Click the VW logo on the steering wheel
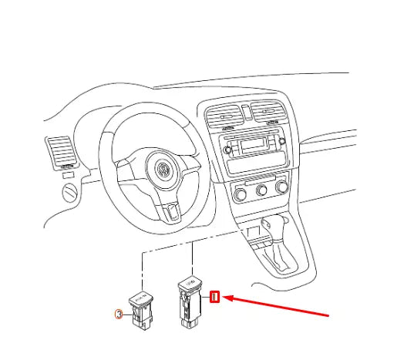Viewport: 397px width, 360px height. tap(164, 170)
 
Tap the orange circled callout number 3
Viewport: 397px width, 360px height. tap(118, 314)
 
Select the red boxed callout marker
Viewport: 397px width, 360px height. tap(216, 297)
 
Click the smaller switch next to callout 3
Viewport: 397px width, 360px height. tap(141, 310)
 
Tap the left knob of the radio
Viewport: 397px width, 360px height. tap(229, 150)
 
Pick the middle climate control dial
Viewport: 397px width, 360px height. tap(264, 188)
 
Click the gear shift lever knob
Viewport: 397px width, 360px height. tap(276, 224)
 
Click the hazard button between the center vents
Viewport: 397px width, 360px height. tap(247, 116)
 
